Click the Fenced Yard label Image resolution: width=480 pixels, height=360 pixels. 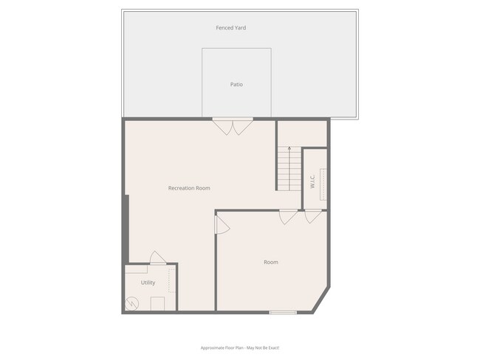[230, 28]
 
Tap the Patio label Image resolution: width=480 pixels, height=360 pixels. [236, 85]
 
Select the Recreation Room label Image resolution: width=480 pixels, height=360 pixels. [189, 188]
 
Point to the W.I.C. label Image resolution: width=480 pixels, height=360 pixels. [312, 181]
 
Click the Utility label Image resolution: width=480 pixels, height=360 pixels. [148, 283]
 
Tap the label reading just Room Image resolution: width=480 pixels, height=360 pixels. [271, 262]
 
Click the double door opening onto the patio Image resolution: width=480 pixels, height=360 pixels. [232, 125]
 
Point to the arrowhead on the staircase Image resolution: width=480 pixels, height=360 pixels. [289, 148]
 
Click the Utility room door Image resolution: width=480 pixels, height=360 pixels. [157, 258]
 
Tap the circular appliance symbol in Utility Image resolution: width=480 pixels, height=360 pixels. [132, 302]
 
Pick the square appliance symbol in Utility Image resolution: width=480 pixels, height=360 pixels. [157, 303]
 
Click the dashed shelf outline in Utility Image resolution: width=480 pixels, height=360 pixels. [172, 280]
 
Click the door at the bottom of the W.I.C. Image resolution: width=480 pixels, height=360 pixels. [313, 216]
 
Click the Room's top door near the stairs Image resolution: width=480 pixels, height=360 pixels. [288, 217]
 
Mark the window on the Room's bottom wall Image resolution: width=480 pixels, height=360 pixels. [283, 312]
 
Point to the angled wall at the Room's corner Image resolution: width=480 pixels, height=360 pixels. [322, 298]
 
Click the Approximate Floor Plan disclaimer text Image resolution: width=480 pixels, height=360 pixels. [239, 347]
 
